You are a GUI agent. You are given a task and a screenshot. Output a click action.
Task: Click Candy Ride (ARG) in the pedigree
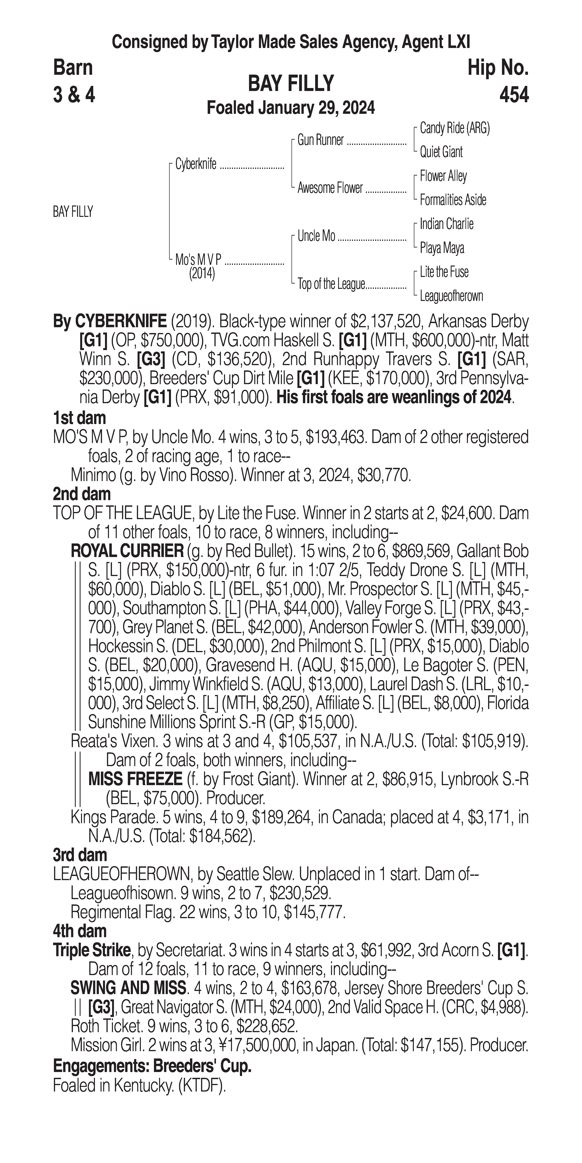[454, 128]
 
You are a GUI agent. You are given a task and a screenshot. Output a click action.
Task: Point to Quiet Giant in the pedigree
[441, 152]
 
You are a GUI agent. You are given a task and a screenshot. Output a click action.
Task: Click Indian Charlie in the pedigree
[446, 224]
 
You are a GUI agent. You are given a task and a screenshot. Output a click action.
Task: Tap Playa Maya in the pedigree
[442, 248]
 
